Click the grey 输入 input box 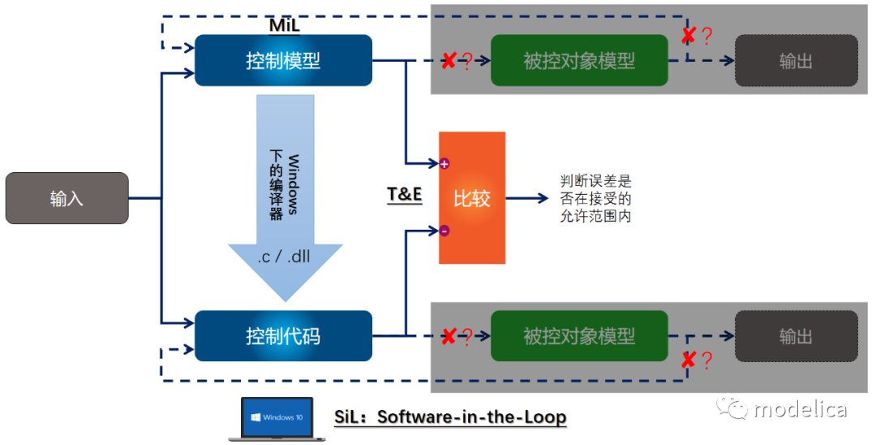coord(67,198)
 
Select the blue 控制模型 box coord(283,60)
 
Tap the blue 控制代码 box coord(283,335)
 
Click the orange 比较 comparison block coord(472,198)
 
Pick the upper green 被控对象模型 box coord(579,60)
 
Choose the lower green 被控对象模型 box coord(579,335)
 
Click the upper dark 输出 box coord(796,60)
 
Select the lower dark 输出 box coord(796,335)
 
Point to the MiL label coord(284,25)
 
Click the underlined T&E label coord(404,195)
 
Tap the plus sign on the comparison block coord(444,164)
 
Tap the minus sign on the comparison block coord(444,231)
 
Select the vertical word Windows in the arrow coord(293,184)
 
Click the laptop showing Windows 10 coord(277,417)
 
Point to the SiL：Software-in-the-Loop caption coord(450,417)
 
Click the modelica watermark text coord(800,408)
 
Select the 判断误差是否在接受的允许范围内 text coord(595,198)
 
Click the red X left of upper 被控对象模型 coord(448,61)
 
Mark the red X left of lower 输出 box coord(688,359)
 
